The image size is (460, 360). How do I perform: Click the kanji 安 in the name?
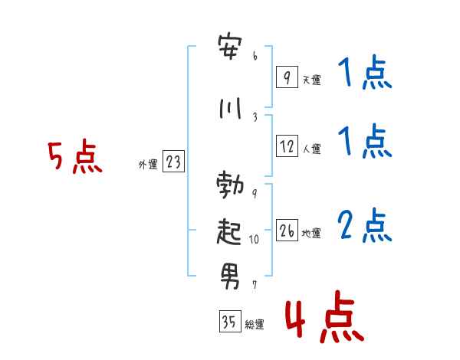(230, 47)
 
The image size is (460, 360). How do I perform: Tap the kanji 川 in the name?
(231, 108)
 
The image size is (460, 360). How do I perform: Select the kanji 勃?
(230, 185)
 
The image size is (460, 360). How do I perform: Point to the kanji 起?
(229, 231)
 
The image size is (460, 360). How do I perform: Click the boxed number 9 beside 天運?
(287, 77)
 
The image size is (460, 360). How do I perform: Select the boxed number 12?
(287, 146)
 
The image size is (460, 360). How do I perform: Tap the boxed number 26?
(287, 230)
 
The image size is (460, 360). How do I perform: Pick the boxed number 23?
(173, 161)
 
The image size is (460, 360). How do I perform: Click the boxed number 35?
(230, 321)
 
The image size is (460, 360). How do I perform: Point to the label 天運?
(312, 80)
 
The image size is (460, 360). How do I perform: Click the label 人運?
(312, 149)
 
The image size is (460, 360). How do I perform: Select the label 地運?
(311, 233)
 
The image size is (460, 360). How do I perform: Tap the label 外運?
(148, 164)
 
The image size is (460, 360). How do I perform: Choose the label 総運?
(255, 324)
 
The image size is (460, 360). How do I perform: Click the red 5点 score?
(75, 156)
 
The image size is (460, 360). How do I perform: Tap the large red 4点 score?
(324, 316)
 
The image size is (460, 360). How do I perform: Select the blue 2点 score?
(365, 225)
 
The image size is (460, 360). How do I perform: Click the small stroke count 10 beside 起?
(254, 240)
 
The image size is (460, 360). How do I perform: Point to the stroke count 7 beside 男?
(255, 284)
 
